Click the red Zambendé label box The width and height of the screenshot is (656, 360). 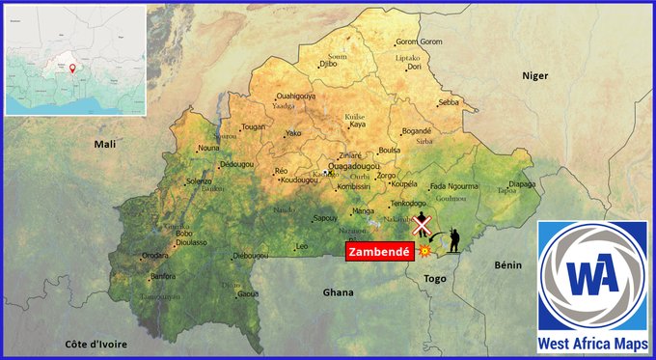(x=379, y=251)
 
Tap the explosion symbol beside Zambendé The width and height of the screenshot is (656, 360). (x=423, y=250)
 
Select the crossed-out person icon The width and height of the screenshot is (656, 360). (x=422, y=225)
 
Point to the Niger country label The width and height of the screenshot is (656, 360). (x=534, y=75)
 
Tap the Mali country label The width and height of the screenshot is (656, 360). (x=104, y=143)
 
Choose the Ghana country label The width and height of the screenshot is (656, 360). (x=338, y=291)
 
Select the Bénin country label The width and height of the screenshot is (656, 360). (x=507, y=264)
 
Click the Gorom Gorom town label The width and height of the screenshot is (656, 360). (x=419, y=42)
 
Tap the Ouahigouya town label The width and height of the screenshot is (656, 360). (x=296, y=97)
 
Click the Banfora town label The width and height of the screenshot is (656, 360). (x=164, y=277)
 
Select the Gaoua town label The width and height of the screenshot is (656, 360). (x=248, y=293)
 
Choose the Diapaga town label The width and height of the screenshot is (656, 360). (x=522, y=183)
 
